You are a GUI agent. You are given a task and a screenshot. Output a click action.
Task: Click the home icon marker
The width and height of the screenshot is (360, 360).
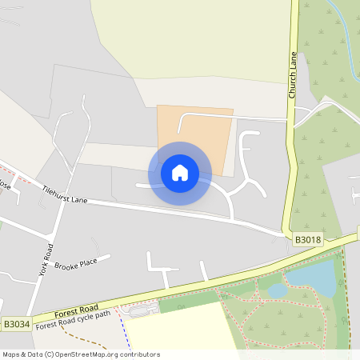pos(180,173)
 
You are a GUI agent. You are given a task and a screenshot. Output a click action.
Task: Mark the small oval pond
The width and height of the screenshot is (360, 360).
pos(278,291)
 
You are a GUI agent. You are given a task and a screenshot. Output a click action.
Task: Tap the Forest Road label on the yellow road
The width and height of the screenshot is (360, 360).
pos(77,310)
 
